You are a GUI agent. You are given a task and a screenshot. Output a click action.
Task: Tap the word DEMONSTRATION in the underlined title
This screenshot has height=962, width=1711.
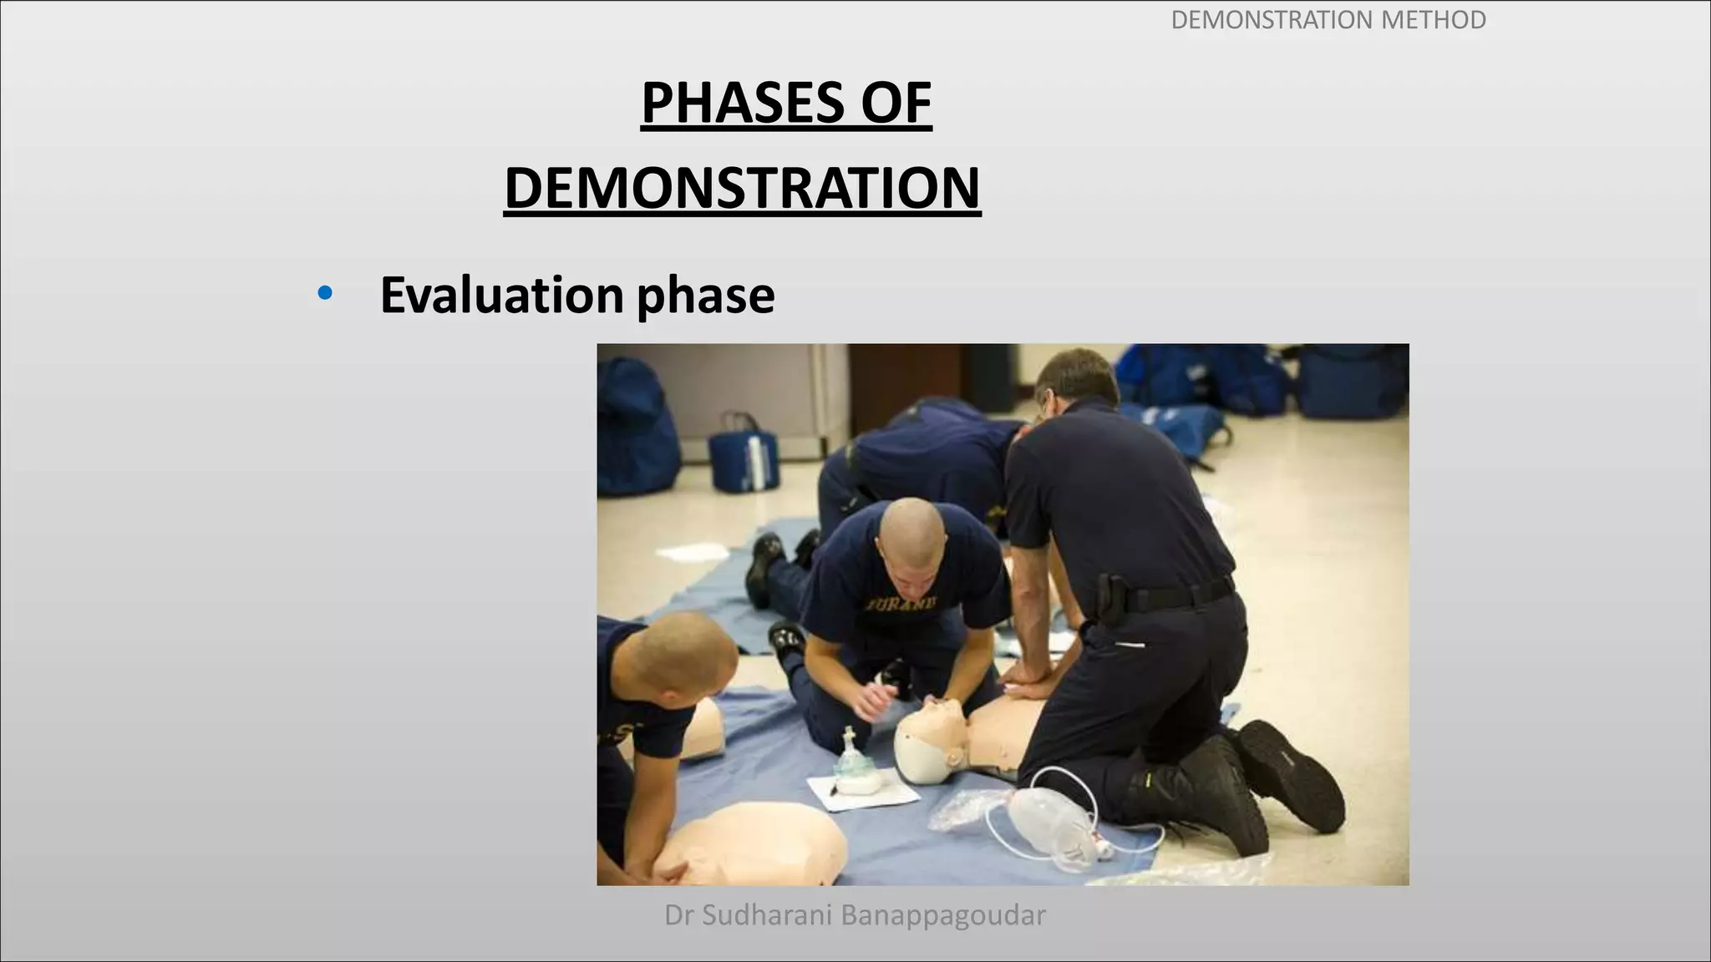click(742, 189)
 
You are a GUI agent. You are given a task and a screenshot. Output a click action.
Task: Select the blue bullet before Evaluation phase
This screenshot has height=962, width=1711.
click(325, 294)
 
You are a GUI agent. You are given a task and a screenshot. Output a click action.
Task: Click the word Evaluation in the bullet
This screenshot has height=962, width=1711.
click(501, 295)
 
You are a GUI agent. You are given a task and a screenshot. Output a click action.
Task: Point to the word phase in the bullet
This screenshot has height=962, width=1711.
click(706, 296)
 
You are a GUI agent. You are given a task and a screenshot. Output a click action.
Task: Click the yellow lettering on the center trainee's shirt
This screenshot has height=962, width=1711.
click(902, 603)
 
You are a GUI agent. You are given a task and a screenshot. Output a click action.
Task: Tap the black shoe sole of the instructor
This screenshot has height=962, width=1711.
click(1291, 772)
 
